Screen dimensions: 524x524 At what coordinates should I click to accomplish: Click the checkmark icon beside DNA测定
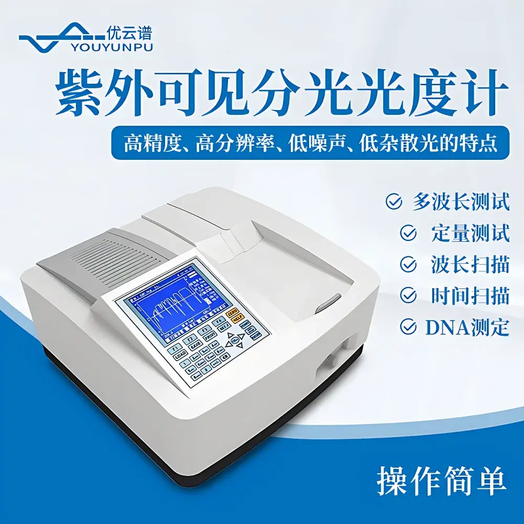[408, 327]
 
